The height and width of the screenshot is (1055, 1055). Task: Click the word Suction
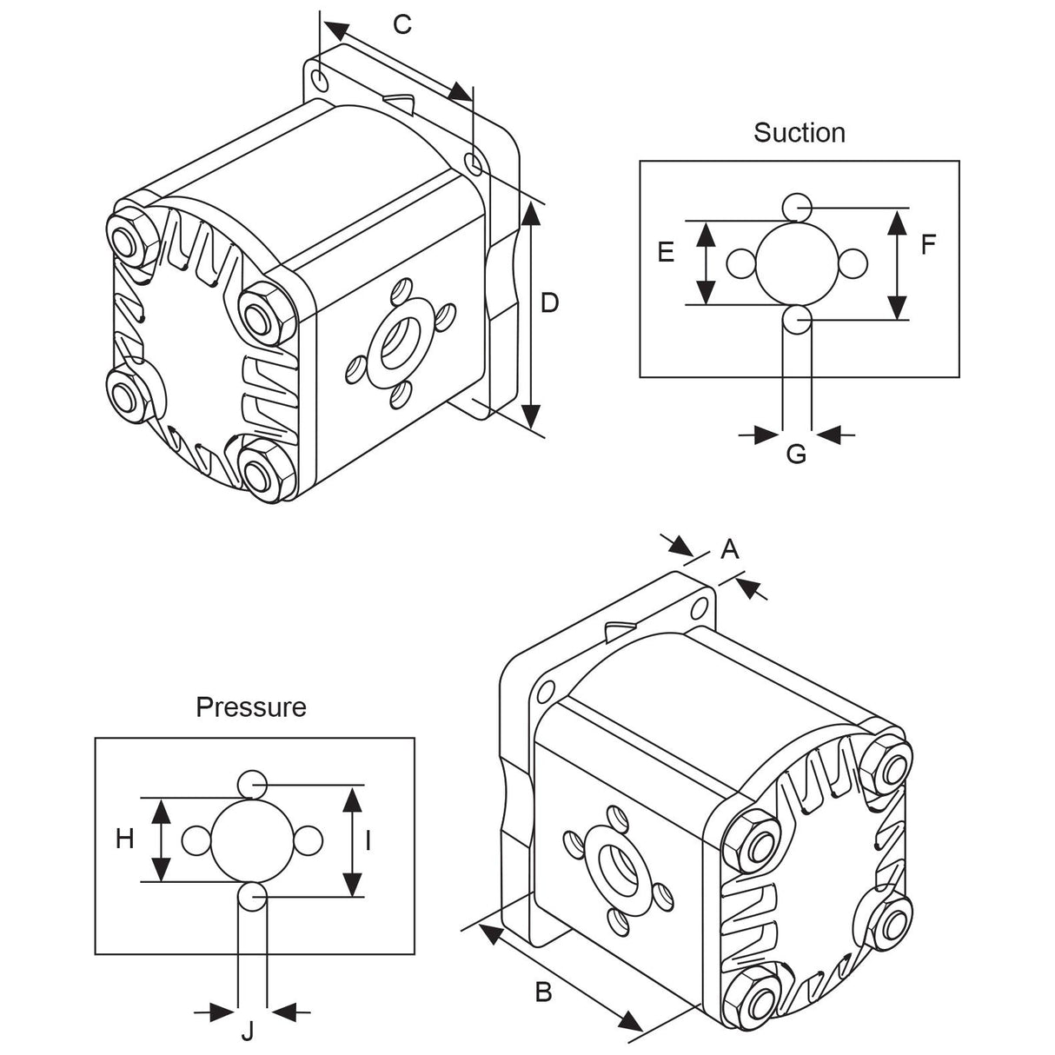pos(799,133)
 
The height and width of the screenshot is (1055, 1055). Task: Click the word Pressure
pos(251,707)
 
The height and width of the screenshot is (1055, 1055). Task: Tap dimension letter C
pos(401,24)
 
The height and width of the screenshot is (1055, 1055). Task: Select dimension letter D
pos(549,302)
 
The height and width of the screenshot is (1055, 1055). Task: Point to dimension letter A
pos(730,548)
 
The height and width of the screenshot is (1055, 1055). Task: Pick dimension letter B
pos(543,992)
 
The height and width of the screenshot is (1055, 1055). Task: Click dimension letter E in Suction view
pos(666,253)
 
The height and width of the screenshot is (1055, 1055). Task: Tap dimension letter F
pos(928,246)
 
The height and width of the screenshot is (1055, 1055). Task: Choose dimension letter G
pos(796,454)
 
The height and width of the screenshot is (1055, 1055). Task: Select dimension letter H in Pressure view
pos(125,839)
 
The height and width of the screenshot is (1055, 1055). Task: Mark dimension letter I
pos(368,840)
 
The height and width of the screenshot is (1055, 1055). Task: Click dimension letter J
pos(248,1032)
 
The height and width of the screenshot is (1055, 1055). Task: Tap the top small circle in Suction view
pos(797,207)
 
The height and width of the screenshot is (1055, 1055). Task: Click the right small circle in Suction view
pos(854,263)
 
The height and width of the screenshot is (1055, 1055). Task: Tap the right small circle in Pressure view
pos(309,841)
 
